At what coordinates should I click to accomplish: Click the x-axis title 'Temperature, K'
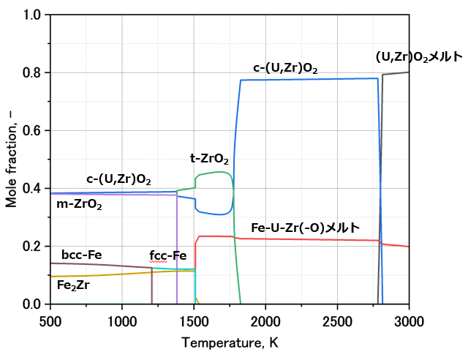[x=230, y=342]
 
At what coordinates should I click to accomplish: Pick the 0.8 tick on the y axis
[x=50, y=73]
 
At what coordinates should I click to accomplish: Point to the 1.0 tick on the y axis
[x=50, y=15]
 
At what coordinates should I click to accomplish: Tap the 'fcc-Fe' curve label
[x=168, y=255]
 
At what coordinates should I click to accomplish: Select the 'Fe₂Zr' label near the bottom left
[x=74, y=285]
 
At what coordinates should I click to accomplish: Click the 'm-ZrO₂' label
[x=79, y=205]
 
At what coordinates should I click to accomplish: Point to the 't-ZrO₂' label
[x=209, y=159]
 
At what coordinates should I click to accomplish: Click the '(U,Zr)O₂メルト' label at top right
[x=419, y=56]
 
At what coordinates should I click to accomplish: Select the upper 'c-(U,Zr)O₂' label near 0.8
[x=285, y=69]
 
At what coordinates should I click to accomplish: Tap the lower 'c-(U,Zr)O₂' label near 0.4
[x=118, y=179]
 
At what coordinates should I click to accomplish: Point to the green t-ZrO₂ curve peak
[x=219, y=172]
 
